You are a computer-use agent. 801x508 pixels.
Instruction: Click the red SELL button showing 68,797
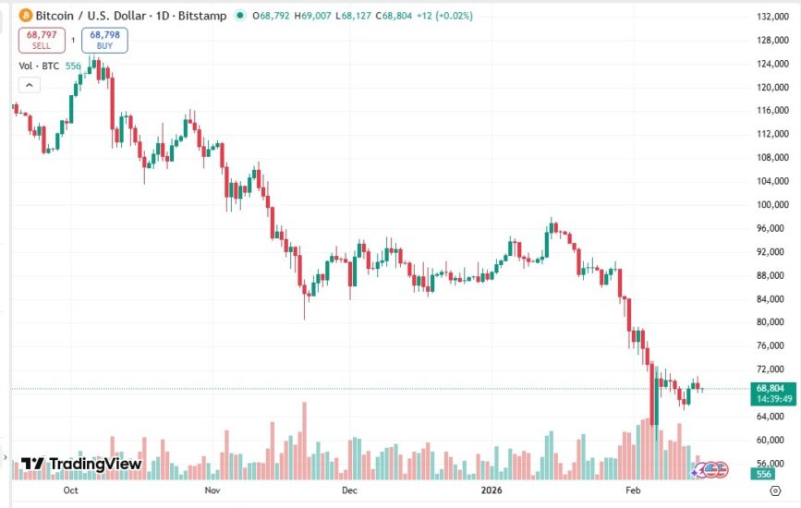pos(42,40)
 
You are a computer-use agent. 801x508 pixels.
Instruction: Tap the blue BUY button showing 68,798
pos(104,40)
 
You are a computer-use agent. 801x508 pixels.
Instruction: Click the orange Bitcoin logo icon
pos(25,16)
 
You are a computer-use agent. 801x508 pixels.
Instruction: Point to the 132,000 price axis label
pos(772,18)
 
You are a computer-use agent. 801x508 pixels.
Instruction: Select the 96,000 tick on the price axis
pos(772,228)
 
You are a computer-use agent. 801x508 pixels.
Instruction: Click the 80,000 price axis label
pos(772,322)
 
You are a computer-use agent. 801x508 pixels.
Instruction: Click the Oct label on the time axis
pos(70,492)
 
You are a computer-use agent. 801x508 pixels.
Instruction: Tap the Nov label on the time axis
pos(212,492)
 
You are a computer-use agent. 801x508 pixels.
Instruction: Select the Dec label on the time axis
pos(349,492)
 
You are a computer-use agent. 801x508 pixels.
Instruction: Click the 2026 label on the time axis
pos(492,492)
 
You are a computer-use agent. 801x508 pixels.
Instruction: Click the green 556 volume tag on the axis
pos(764,474)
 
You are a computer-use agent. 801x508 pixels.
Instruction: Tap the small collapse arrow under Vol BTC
pos(29,85)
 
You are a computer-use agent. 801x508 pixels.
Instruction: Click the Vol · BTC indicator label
pos(37,67)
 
